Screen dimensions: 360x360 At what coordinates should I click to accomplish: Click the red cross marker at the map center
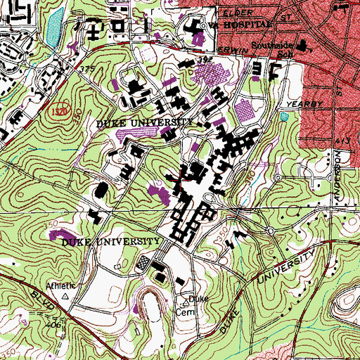tap(180, 180)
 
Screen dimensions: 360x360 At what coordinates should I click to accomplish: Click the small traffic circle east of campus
tap(270, 231)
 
